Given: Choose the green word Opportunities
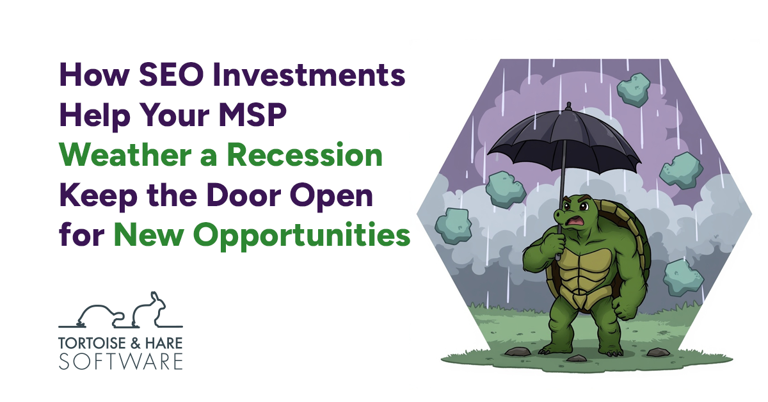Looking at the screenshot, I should click(x=297, y=236).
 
